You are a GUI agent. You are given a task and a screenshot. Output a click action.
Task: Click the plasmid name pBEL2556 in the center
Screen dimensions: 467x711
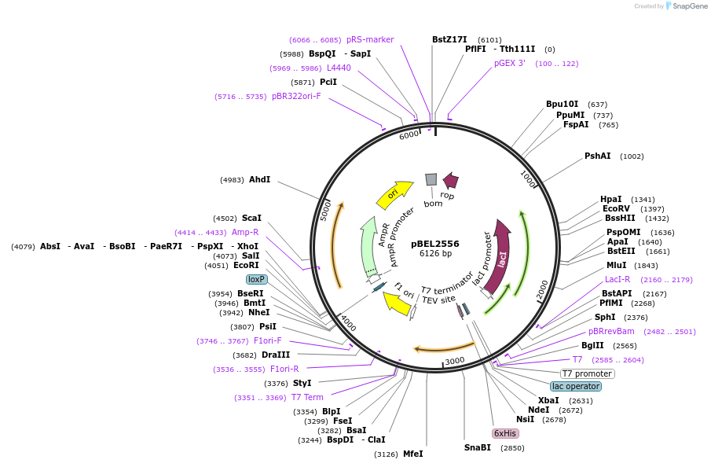pyautogui.click(x=434, y=244)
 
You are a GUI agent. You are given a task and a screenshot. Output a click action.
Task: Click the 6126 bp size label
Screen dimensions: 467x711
pyautogui.click(x=434, y=254)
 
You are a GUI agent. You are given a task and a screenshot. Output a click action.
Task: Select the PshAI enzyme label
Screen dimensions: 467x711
pyautogui.click(x=597, y=156)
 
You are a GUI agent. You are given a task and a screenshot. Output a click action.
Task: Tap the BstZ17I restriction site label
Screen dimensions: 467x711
pyautogui.click(x=449, y=39)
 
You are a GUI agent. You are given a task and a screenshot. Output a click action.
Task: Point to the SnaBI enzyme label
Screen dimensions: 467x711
pyautogui.click(x=477, y=447)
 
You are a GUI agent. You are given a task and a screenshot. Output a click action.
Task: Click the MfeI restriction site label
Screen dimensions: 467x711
pyautogui.click(x=412, y=454)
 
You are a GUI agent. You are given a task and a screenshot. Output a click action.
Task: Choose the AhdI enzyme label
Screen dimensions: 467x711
pyautogui.click(x=259, y=179)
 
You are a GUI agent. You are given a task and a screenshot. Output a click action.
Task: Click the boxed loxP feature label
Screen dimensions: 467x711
pyautogui.click(x=256, y=279)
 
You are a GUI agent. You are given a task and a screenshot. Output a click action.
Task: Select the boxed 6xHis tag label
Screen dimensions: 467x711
pyautogui.click(x=504, y=433)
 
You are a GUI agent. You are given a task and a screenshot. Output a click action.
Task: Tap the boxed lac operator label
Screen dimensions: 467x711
pyautogui.click(x=576, y=386)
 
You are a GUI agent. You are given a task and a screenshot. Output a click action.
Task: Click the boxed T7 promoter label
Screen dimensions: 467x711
pyautogui.click(x=587, y=373)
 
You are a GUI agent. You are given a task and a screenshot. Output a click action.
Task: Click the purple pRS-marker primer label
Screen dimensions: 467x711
pyautogui.click(x=370, y=39)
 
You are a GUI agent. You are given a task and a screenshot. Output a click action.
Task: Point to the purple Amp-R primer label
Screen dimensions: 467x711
pyautogui.click(x=245, y=232)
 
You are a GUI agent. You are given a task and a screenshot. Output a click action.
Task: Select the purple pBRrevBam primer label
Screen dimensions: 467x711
pyautogui.click(x=611, y=331)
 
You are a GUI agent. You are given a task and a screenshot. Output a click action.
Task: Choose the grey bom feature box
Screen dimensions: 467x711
pyautogui.click(x=431, y=179)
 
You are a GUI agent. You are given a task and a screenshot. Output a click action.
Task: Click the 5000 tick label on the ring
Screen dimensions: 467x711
pyautogui.click(x=326, y=211)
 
